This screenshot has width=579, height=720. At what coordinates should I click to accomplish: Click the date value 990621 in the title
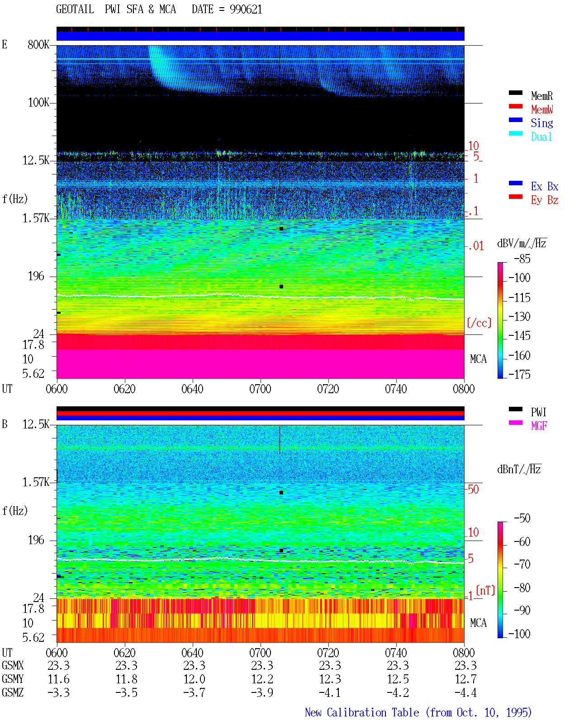246,9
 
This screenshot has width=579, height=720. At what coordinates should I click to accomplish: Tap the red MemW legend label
541,109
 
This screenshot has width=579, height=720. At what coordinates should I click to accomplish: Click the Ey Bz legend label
544,200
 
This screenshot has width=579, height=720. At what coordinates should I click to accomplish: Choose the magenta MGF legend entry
539,426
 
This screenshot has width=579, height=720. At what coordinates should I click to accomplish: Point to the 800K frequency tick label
38,44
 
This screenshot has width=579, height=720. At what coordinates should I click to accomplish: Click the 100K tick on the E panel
38,103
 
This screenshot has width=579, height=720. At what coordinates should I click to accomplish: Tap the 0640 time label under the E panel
192,389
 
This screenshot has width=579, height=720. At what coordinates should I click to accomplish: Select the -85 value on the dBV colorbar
522,259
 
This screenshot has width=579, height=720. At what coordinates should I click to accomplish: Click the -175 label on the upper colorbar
519,374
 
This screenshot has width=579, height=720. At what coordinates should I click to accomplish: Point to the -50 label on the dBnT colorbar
522,518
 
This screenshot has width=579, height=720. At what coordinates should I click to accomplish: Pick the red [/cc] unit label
479,323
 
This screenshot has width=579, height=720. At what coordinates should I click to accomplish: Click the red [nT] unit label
485,590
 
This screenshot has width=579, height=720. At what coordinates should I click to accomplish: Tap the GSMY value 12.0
194,679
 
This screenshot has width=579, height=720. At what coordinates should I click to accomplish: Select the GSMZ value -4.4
465,692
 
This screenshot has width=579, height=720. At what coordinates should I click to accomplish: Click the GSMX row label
13,665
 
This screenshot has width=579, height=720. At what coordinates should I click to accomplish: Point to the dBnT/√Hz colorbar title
519,470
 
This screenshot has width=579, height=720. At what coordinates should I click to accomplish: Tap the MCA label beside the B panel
478,623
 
